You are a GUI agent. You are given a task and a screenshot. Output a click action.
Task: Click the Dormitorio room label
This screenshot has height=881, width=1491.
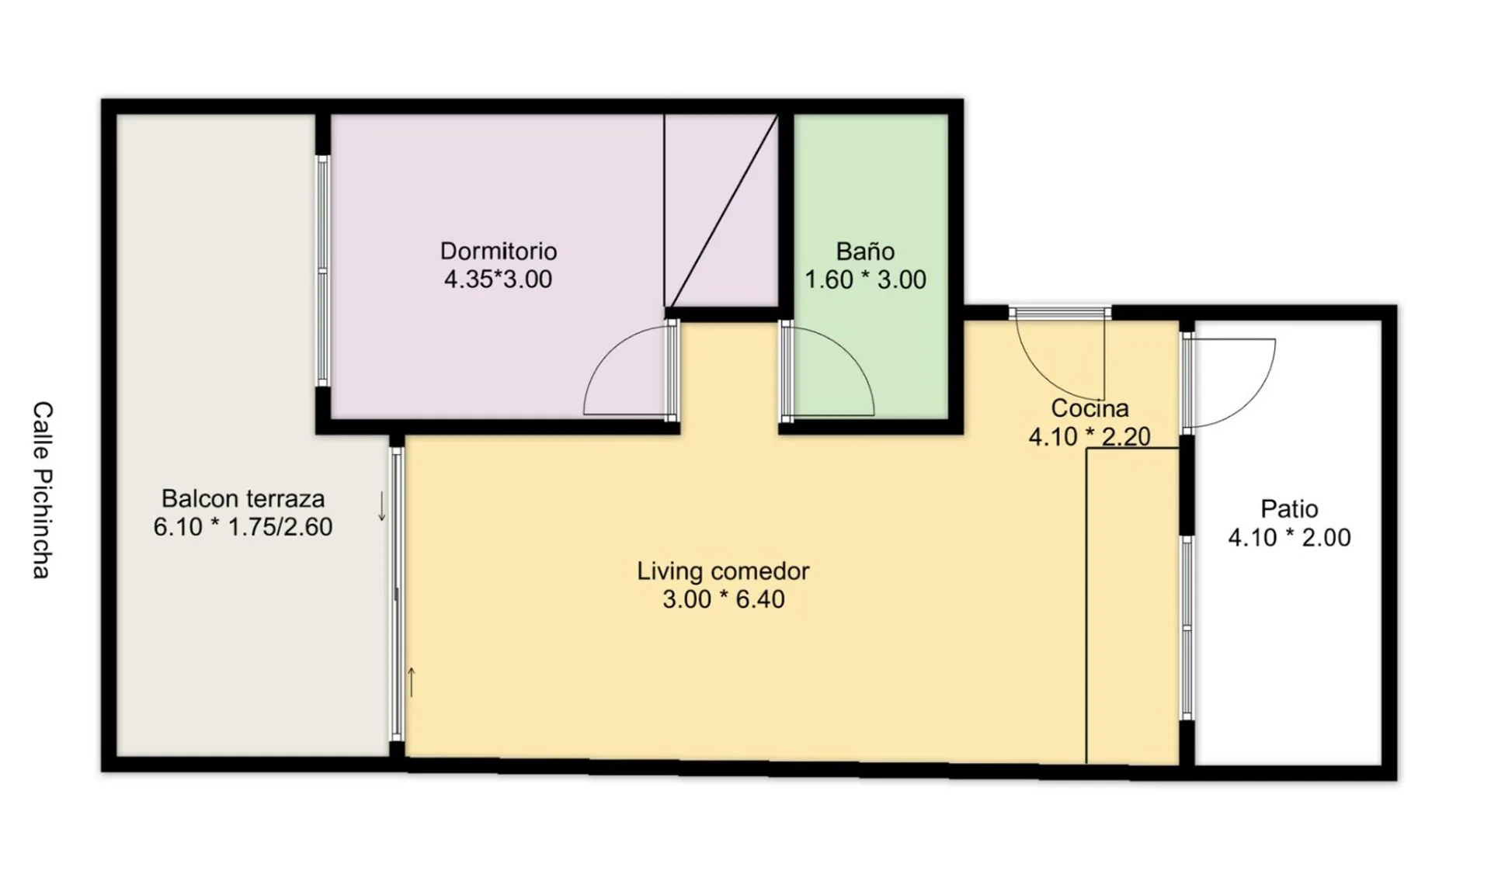[x=499, y=251]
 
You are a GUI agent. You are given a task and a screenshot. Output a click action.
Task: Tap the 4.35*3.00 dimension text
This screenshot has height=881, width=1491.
[x=498, y=279]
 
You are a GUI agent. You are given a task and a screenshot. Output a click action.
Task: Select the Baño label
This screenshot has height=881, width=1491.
[x=865, y=251]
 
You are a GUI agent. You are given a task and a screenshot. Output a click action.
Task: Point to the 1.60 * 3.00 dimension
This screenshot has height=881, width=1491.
[x=865, y=279]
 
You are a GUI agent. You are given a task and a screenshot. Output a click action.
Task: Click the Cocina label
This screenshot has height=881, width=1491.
[x=1090, y=408]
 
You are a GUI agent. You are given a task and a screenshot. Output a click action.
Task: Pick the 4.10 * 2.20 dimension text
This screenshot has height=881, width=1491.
[x=1090, y=436]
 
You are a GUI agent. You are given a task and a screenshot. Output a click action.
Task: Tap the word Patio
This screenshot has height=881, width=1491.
[x=1289, y=508]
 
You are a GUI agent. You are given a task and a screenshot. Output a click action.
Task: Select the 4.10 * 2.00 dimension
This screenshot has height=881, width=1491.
[x=1289, y=537]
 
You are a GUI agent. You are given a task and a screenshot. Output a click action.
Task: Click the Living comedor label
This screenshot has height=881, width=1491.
[x=723, y=571]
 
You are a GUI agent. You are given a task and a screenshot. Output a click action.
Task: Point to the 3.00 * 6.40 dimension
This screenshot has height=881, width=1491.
[x=723, y=599]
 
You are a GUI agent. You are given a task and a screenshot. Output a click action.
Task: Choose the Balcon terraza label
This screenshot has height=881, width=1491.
[x=243, y=498]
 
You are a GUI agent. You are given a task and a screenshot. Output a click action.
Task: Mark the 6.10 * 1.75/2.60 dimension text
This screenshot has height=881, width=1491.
[x=243, y=526]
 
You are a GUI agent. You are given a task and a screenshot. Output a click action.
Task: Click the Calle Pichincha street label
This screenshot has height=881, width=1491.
[x=42, y=490]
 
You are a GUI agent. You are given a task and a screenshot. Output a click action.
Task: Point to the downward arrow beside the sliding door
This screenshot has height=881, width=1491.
[x=381, y=506]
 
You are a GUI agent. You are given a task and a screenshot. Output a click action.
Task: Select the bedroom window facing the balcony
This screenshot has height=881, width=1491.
[x=323, y=271]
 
